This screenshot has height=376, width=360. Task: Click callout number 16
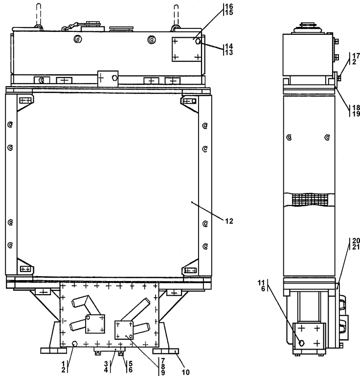[x=228, y=6]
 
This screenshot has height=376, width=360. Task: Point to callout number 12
[x=229, y=221]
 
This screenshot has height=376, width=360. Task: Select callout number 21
[x=356, y=247]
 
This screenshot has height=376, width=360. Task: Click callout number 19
[x=356, y=114]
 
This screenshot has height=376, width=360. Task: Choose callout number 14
[x=228, y=46]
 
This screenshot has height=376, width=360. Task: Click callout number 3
[x=106, y=363]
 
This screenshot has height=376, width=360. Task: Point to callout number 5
[x=131, y=363]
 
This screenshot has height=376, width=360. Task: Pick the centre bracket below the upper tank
[x=108, y=77]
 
